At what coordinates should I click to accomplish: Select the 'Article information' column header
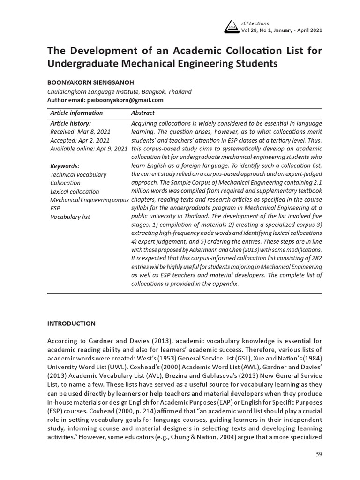pos(76,113)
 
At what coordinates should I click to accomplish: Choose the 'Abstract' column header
pos(142,113)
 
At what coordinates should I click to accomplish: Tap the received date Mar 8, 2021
pos(94,132)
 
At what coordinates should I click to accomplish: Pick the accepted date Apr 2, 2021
pos(94,141)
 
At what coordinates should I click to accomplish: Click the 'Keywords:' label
pos(65,166)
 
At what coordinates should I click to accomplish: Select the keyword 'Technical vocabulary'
pos(78,174)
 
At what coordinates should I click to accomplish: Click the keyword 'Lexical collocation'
pos(75,191)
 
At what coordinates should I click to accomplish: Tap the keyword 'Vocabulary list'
pos(70,217)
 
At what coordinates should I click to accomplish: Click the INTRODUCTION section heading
pos(71,323)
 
